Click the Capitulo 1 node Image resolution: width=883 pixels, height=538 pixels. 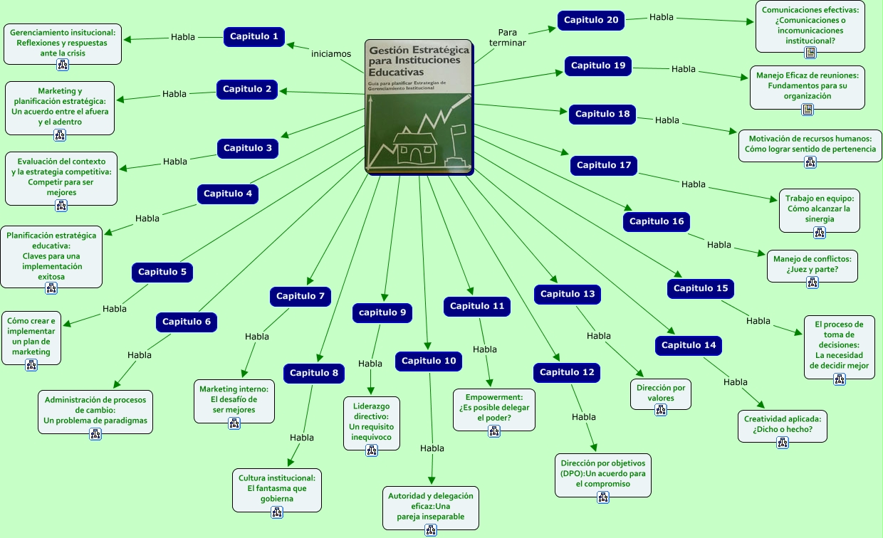tap(254, 36)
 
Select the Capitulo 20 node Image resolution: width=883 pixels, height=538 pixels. tap(591, 20)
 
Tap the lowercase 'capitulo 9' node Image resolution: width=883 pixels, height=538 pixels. tap(382, 312)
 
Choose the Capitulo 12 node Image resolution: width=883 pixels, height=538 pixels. tap(567, 373)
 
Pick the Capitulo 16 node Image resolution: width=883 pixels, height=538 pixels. tap(657, 222)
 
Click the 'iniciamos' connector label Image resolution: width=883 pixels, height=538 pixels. tap(330, 54)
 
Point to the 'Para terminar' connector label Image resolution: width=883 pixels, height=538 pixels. tap(507, 38)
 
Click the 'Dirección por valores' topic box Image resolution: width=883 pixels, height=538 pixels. tap(661, 394)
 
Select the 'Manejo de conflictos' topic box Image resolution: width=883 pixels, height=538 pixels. tap(812, 266)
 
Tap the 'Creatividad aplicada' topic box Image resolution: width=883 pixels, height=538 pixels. tap(783, 426)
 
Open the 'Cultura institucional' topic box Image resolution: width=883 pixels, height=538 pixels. tap(277, 490)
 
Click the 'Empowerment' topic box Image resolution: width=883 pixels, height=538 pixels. tap(494, 410)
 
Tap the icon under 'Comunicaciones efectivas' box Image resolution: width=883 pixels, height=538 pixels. tap(810, 53)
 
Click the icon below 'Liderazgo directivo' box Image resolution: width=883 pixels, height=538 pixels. tap(371, 450)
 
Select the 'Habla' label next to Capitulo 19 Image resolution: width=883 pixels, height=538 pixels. tap(683, 69)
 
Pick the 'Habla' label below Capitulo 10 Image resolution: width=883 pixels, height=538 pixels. tap(432, 448)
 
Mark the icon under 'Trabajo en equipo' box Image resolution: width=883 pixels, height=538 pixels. tap(820, 233)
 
